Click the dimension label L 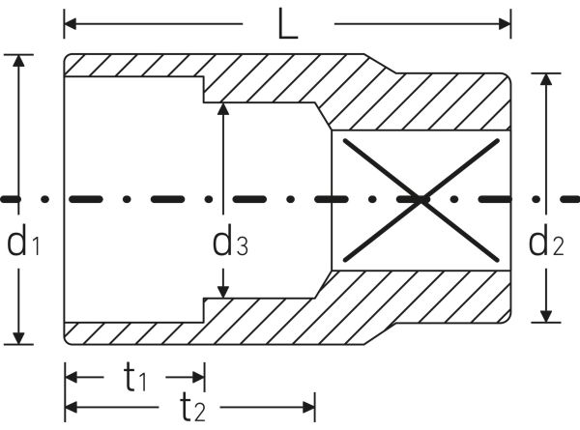point(288,24)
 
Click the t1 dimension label point(135,377)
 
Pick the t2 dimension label point(192,407)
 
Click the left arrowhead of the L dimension point(71,24)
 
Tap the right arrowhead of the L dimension point(505,24)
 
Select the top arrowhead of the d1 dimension point(18,61)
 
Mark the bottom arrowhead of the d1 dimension point(18,338)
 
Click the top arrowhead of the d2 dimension point(546,79)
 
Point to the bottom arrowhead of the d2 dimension point(546,316)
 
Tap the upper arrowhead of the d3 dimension point(222,109)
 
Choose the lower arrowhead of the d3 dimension point(222,292)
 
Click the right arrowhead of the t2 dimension point(309,408)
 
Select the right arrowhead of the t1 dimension point(198,378)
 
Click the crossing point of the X point(421,200)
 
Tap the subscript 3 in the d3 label point(242,246)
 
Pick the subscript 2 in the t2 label point(199,413)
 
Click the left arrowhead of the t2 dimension point(72,408)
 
